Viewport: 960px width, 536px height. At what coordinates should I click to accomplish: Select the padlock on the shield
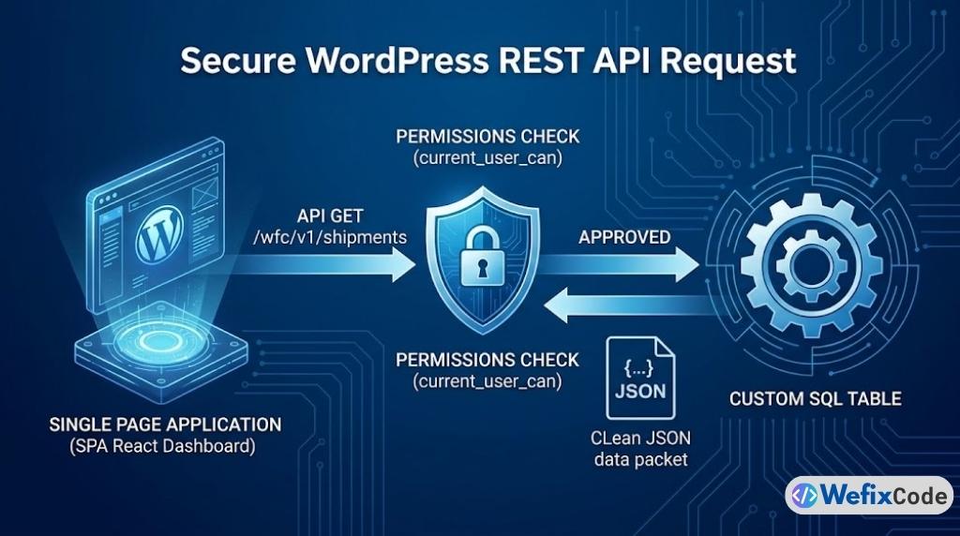(x=480, y=260)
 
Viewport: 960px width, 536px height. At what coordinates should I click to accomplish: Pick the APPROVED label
(x=624, y=237)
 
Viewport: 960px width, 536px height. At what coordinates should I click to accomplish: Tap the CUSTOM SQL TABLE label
(x=815, y=399)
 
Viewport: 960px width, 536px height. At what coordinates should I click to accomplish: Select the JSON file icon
(x=639, y=377)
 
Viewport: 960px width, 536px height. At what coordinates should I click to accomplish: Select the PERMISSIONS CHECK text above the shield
(x=487, y=137)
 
